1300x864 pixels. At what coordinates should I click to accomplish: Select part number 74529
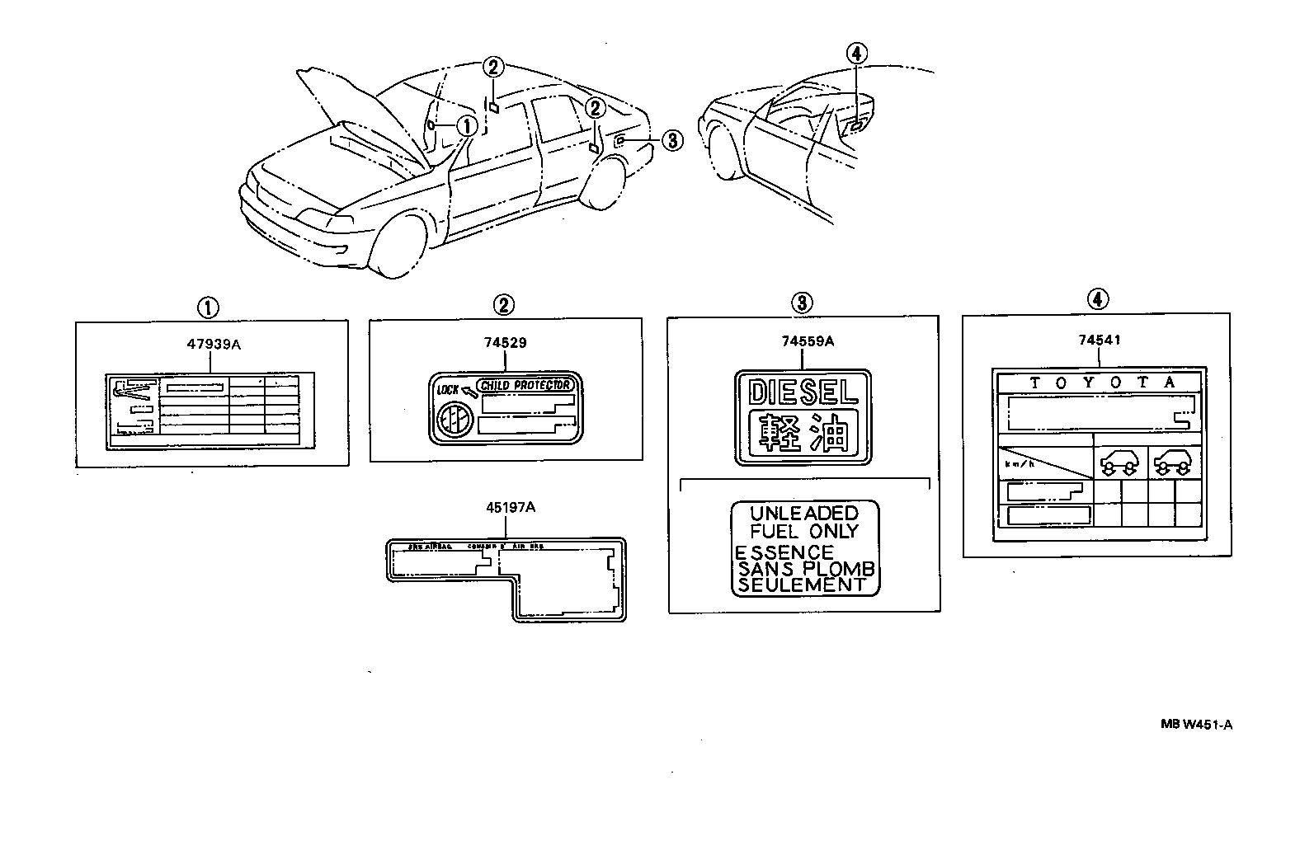[505, 343]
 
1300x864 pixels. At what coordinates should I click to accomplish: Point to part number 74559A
[802, 340]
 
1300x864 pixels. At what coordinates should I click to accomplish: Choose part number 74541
[1099, 340]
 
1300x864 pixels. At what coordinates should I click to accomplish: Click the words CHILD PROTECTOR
[526, 386]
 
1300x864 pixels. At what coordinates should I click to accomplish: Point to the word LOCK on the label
[447, 387]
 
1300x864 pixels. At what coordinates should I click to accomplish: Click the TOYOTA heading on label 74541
[1099, 383]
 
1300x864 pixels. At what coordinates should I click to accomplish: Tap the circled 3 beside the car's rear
[672, 141]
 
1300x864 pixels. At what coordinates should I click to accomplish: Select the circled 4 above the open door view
[856, 54]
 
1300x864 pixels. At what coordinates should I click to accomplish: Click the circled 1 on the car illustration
[467, 125]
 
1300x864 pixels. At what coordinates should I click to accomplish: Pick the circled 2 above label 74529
[504, 305]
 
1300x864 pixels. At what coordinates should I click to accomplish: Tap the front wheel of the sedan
[399, 245]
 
